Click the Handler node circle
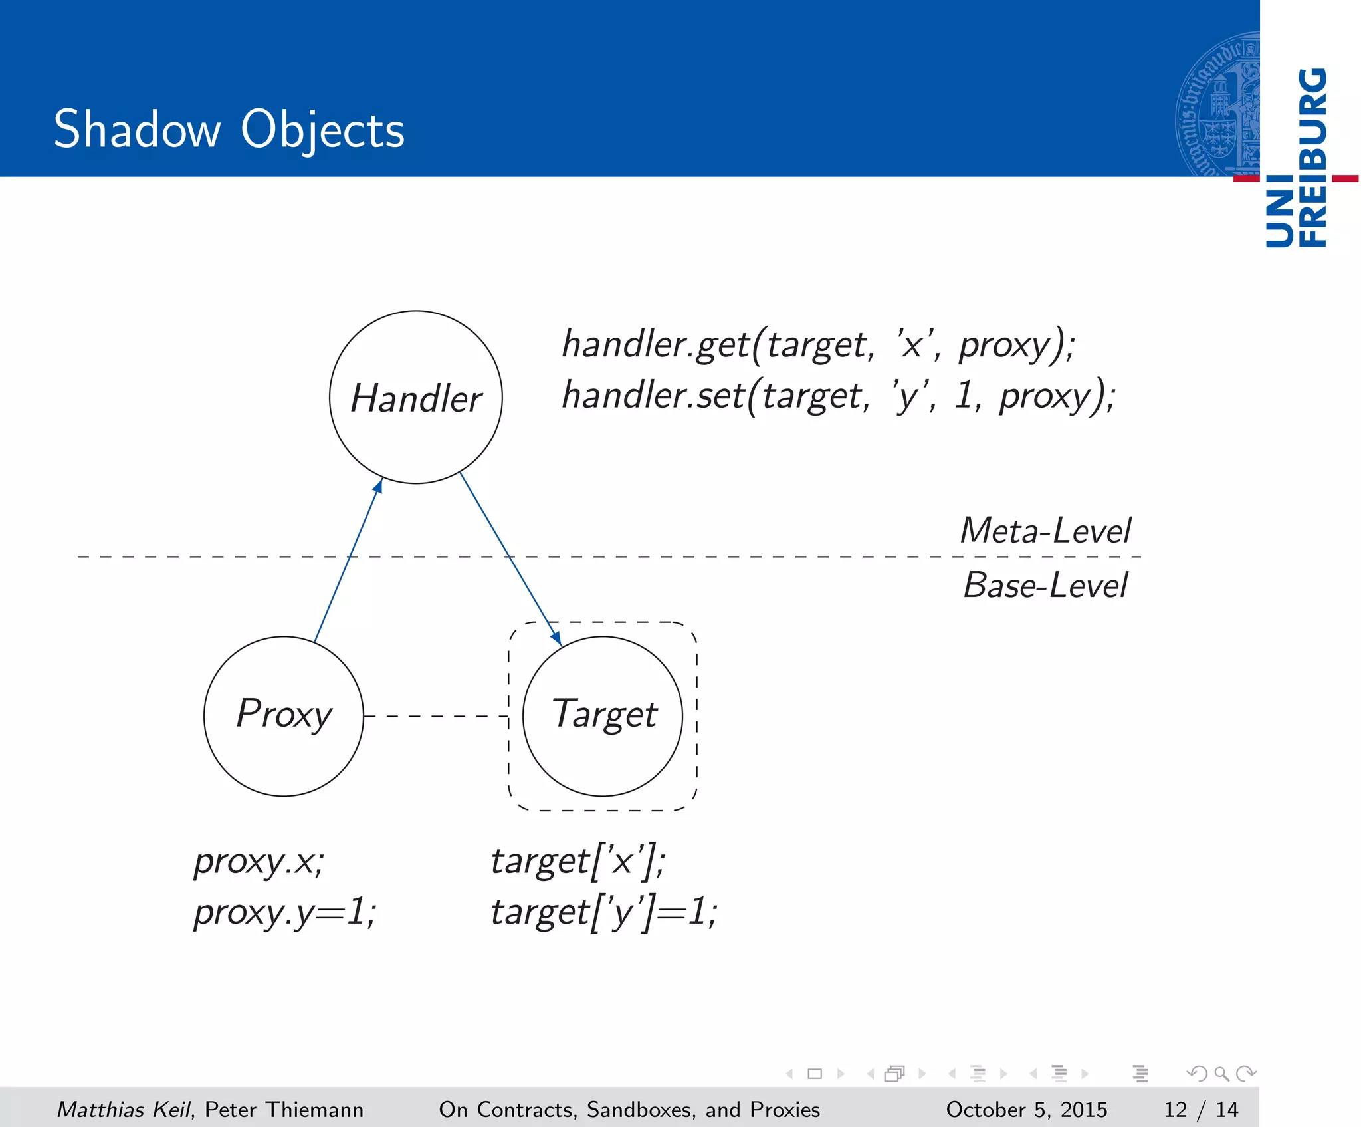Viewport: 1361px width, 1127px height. click(x=415, y=397)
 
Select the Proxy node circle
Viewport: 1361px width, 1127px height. click(x=284, y=715)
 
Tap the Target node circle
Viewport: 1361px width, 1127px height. click(x=603, y=715)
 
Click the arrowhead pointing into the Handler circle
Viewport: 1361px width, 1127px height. click(x=378, y=486)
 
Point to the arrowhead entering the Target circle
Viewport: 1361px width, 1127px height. click(x=556, y=638)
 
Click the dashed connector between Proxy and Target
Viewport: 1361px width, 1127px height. click(x=436, y=716)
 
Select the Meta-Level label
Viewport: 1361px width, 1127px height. click(x=1045, y=531)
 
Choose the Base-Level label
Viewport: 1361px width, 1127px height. click(x=1045, y=585)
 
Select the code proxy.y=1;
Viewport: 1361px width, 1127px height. click(x=284, y=911)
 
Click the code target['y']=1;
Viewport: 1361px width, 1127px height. click(x=603, y=911)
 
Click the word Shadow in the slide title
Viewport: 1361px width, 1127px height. click(x=136, y=129)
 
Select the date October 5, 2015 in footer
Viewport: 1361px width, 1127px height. click(x=1026, y=1109)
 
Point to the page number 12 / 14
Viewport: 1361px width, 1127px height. click(x=1200, y=1109)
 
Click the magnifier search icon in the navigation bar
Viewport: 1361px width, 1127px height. click(x=1221, y=1073)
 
